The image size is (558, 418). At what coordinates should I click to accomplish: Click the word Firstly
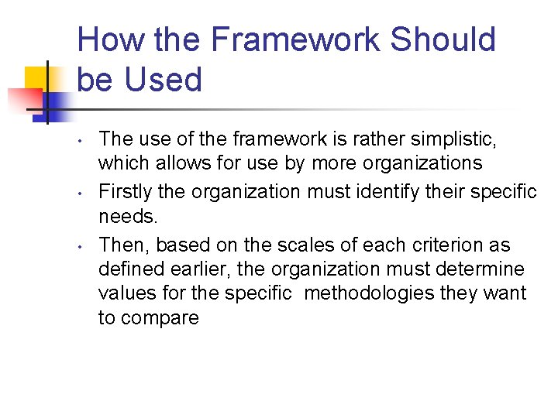pyautogui.click(x=126, y=190)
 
